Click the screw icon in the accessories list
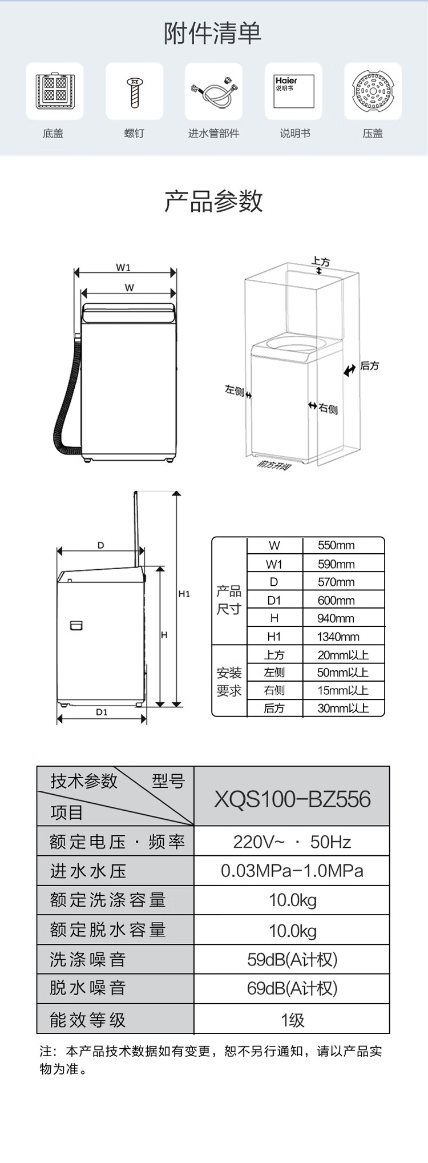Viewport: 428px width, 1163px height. (x=135, y=91)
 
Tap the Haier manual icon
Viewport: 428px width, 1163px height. (x=294, y=91)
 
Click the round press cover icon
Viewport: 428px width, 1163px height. (x=373, y=91)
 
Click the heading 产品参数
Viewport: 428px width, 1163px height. (x=213, y=201)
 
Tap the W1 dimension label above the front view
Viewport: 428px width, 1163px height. (x=123, y=267)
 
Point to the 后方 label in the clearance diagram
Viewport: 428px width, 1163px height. (x=370, y=365)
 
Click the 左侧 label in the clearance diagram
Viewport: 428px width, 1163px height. (x=234, y=391)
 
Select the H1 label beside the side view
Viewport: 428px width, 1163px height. (x=184, y=594)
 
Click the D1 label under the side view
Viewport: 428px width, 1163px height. (x=102, y=712)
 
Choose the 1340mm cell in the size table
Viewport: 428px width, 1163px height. (x=338, y=637)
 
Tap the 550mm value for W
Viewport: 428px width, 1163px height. (x=336, y=545)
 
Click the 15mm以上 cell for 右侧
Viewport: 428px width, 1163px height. (x=343, y=690)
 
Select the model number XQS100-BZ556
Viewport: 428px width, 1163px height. (x=292, y=799)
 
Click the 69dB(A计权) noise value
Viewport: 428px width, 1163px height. (x=292, y=988)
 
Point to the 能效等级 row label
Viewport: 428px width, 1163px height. (x=87, y=1020)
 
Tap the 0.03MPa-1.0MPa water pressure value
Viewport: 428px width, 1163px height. (x=292, y=871)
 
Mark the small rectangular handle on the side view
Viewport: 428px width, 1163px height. (x=76, y=625)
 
